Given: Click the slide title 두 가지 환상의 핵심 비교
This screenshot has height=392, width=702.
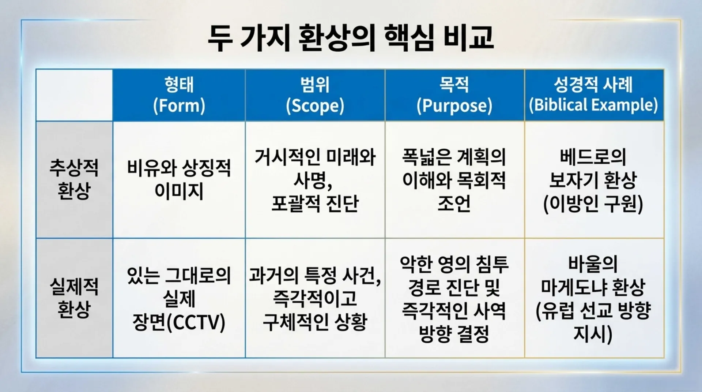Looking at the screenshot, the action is point(351,38).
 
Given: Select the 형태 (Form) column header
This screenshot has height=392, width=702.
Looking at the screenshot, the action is point(179,95).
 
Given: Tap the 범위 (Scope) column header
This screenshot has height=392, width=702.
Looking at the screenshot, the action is point(315,95).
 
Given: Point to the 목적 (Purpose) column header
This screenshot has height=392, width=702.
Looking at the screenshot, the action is point(454,95).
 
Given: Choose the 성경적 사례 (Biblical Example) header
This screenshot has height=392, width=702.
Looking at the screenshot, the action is point(593,95).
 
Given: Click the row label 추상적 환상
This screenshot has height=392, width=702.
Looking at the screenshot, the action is point(74,179).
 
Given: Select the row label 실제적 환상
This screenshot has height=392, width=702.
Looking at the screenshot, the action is point(74,298).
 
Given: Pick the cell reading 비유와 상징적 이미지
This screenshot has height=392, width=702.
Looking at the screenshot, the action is point(179,179).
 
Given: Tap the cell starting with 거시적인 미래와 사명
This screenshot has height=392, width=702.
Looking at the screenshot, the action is point(315,180).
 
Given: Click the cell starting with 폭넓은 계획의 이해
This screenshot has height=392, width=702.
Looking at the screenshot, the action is point(454,180).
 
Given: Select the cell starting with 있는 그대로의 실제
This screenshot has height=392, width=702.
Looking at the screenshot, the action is point(179,298).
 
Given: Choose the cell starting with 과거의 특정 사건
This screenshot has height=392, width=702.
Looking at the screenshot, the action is point(315,298).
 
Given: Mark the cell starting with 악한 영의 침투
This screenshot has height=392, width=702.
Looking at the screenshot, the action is point(454,298).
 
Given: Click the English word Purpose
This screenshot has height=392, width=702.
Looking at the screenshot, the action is point(454,105).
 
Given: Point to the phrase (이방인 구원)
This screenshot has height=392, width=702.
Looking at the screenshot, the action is point(593,204).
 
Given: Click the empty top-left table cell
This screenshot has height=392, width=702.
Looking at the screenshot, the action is point(75,95).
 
